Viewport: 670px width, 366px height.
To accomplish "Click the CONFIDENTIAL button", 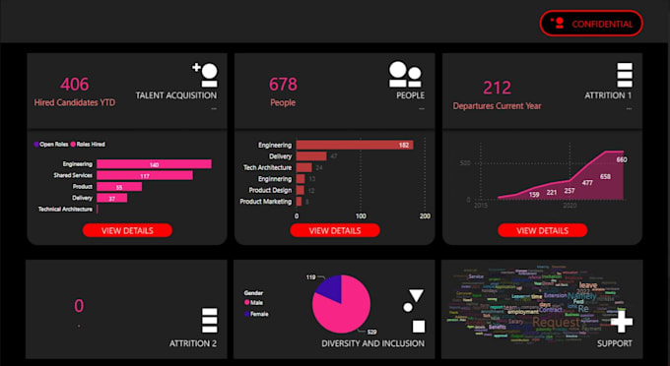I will [591, 23].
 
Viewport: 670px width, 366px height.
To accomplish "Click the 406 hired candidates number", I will [75, 86].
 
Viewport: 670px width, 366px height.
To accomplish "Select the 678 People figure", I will [283, 86].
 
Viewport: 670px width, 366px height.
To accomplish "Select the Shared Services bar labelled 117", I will [144, 175].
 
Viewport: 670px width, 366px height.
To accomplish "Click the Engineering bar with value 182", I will [354, 145].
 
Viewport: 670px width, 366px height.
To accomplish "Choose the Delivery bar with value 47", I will [310, 155].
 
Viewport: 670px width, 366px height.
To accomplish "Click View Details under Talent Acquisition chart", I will [127, 230].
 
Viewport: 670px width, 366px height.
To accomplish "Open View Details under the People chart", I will [334, 230].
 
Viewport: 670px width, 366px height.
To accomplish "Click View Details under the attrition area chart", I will [542, 230].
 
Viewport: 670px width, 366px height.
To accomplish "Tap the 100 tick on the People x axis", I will [361, 214].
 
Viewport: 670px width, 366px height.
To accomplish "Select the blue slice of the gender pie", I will [327, 288].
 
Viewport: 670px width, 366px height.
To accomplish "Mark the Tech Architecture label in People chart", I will [263, 167].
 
